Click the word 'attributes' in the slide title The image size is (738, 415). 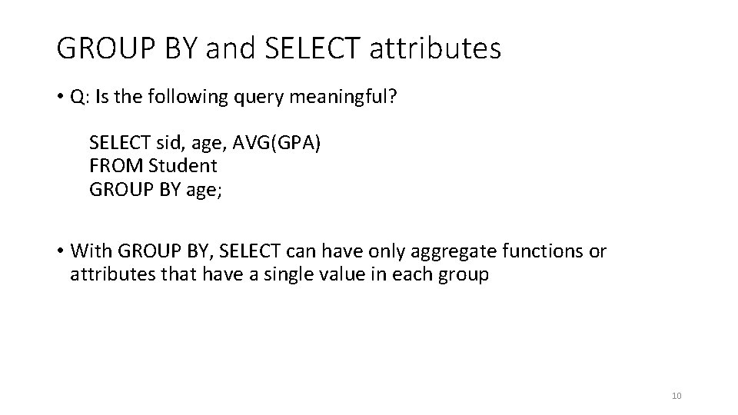click(435, 48)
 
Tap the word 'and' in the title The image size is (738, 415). click(233, 48)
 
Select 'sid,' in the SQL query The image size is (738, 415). click(155, 143)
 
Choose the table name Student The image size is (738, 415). click(183, 164)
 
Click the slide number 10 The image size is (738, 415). click(676, 396)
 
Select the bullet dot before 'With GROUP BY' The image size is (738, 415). click(60, 252)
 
